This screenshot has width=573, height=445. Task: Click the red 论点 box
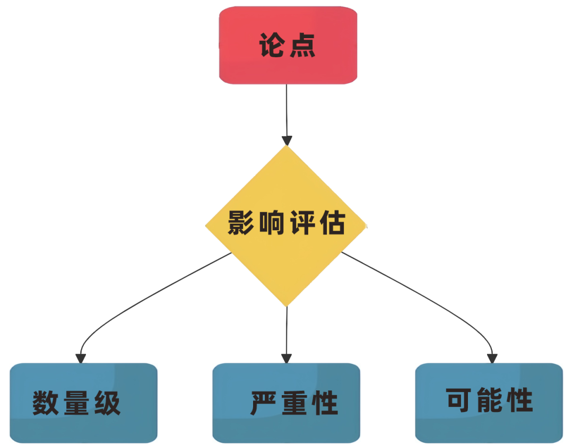coord(288,45)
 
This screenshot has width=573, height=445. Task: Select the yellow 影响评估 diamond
coord(286,226)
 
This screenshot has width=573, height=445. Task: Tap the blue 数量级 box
coord(83,403)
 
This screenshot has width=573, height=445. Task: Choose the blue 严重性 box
coord(286,403)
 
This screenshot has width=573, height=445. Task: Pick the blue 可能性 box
coord(489,403)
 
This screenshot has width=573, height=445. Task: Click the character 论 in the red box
coord(272,45)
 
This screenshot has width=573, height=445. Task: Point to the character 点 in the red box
coord(302,45)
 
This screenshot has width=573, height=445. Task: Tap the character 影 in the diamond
coord(241,223)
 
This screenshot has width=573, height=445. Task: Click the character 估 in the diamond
coord(333,223)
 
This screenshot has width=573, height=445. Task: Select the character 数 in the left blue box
coord(45,403)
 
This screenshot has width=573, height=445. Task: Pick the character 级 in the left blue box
coord(107,403)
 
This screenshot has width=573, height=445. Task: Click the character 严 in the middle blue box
coord(263,403)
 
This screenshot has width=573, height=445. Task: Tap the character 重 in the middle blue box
coord(294,403)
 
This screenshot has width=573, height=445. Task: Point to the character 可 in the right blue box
coord(458,400)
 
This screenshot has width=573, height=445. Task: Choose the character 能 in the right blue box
coord(489,400)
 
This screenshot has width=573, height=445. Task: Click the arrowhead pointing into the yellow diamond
coord(287,141)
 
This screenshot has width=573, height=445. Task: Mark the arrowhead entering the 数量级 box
coord(81,359)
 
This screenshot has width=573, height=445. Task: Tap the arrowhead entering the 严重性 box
coord(286,359)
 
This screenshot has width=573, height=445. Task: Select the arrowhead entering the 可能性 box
coord(492,359)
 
